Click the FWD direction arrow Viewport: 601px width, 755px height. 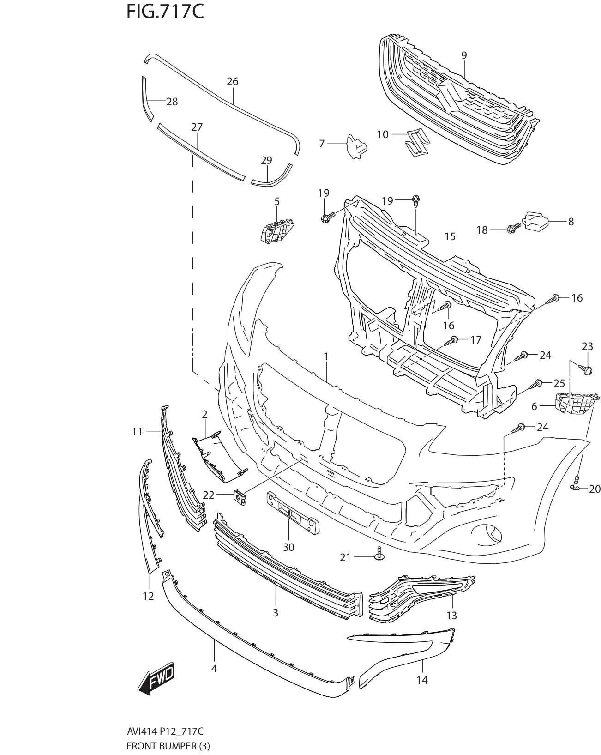pyautogui.click(x=156, y=678)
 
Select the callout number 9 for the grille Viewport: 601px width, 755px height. pyautogui.click(x=464, y=55)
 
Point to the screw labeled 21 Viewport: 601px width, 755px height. pyautogui.click(x=380, y=554)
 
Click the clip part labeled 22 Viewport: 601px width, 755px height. pyautogui.click(x=239, y=497)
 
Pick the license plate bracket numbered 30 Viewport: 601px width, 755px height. pyautogui.click(x=293, y=513)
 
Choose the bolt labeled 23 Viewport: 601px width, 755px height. pyautogui.click(x=586, y=368)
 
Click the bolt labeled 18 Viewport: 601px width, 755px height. pyautogui.click(x=513, y=227)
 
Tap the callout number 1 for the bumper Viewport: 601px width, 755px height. pyautogui.click(x=326, y=356)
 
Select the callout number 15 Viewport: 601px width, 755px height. pyautogui.click(x=450, y=236)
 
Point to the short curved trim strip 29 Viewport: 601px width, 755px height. pyautogui.click(x=272, y=178)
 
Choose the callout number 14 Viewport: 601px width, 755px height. pyautogui.click(x=422, y=680)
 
